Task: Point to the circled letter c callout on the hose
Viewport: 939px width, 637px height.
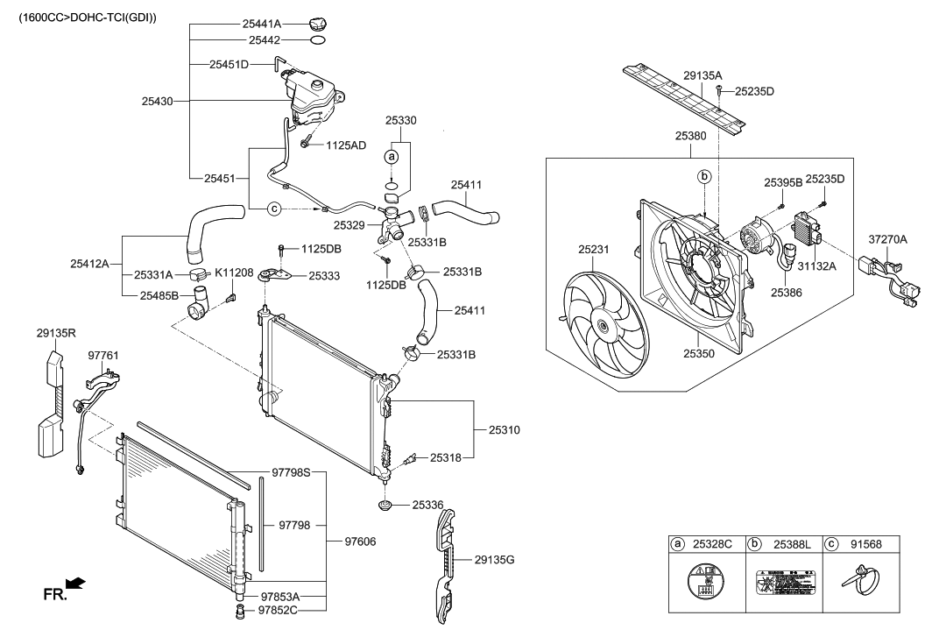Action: tap(274, 209)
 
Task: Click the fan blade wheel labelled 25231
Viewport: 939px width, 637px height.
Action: tap(603, 325)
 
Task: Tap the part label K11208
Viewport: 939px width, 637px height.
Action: tap(234, 273)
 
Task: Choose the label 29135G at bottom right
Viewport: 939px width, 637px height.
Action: tap(496, 559)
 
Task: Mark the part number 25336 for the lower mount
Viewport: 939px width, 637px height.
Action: tap(427, 505)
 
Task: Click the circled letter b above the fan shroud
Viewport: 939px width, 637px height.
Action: tap(703, 177)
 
